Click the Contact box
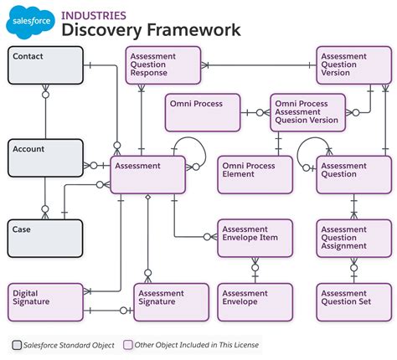46,65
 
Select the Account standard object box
46,158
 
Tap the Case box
46,238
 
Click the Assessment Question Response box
164,65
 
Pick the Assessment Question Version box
354,65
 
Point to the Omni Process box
202,112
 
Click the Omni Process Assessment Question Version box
307,112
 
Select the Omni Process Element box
256,175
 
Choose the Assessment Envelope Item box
256,238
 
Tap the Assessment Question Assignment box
354,238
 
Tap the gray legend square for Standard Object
17,345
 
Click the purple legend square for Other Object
127,345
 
